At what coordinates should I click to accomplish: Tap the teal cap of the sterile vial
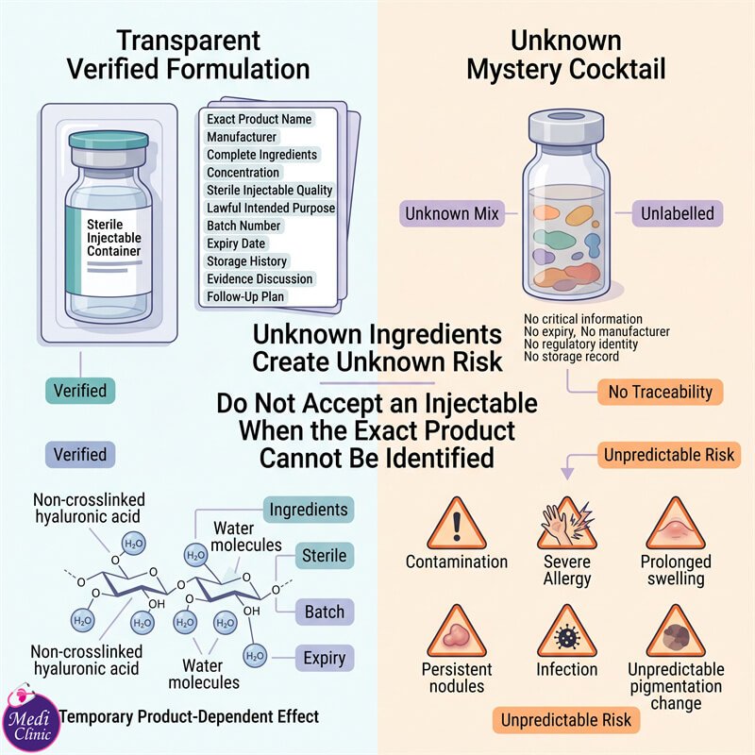click(x=109, y=140)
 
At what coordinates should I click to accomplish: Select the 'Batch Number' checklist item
click(x=243, y=226)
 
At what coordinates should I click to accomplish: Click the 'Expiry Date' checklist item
click(x=236, y=243)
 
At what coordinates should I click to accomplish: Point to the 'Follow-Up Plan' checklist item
click(x=245, y=296)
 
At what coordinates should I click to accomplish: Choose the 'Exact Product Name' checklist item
click(x=259, y=119)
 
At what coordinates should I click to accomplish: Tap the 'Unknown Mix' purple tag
click(x=452, y=213)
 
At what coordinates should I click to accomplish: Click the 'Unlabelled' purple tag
click(x=677, y=213)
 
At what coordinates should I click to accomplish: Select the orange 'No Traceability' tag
click(x=660, y=392)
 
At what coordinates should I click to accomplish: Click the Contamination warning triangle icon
click(x=457, y=525)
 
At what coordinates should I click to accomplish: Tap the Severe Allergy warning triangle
click(x=567, y=525)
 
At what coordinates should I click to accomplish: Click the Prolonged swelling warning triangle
click(x=676, y=525)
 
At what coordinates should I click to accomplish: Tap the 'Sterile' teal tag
click(x=324, y=556)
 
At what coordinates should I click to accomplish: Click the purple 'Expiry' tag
click(x=324, y=658)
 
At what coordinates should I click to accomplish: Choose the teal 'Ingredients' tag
click(x=309, y=510)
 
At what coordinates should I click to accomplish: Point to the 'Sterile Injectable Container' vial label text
click(x=113, y=238)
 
